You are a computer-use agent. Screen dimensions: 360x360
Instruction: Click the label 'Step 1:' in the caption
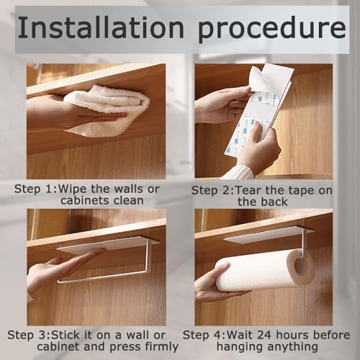tap(37, 189)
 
